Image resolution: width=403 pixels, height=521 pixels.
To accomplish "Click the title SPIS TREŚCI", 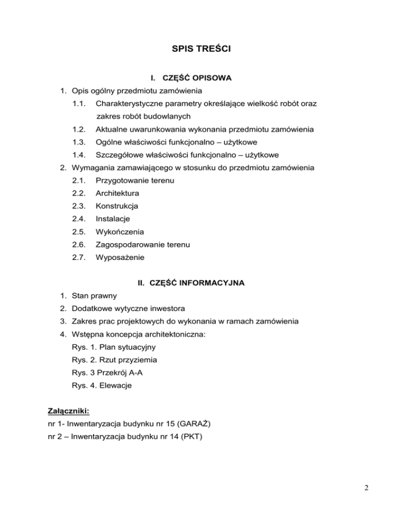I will [202, 50].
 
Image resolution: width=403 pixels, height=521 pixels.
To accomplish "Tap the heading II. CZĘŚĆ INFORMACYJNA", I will [191, 284].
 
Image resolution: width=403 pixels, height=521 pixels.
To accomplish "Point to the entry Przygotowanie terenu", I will [135, 181].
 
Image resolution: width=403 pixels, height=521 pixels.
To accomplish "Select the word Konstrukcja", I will [116, 207].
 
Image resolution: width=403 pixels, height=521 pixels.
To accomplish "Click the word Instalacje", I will [112, 219].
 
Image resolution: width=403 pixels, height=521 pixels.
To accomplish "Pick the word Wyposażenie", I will [120, 258].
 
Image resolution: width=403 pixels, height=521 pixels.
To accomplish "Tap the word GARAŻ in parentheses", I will [195, 423].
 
